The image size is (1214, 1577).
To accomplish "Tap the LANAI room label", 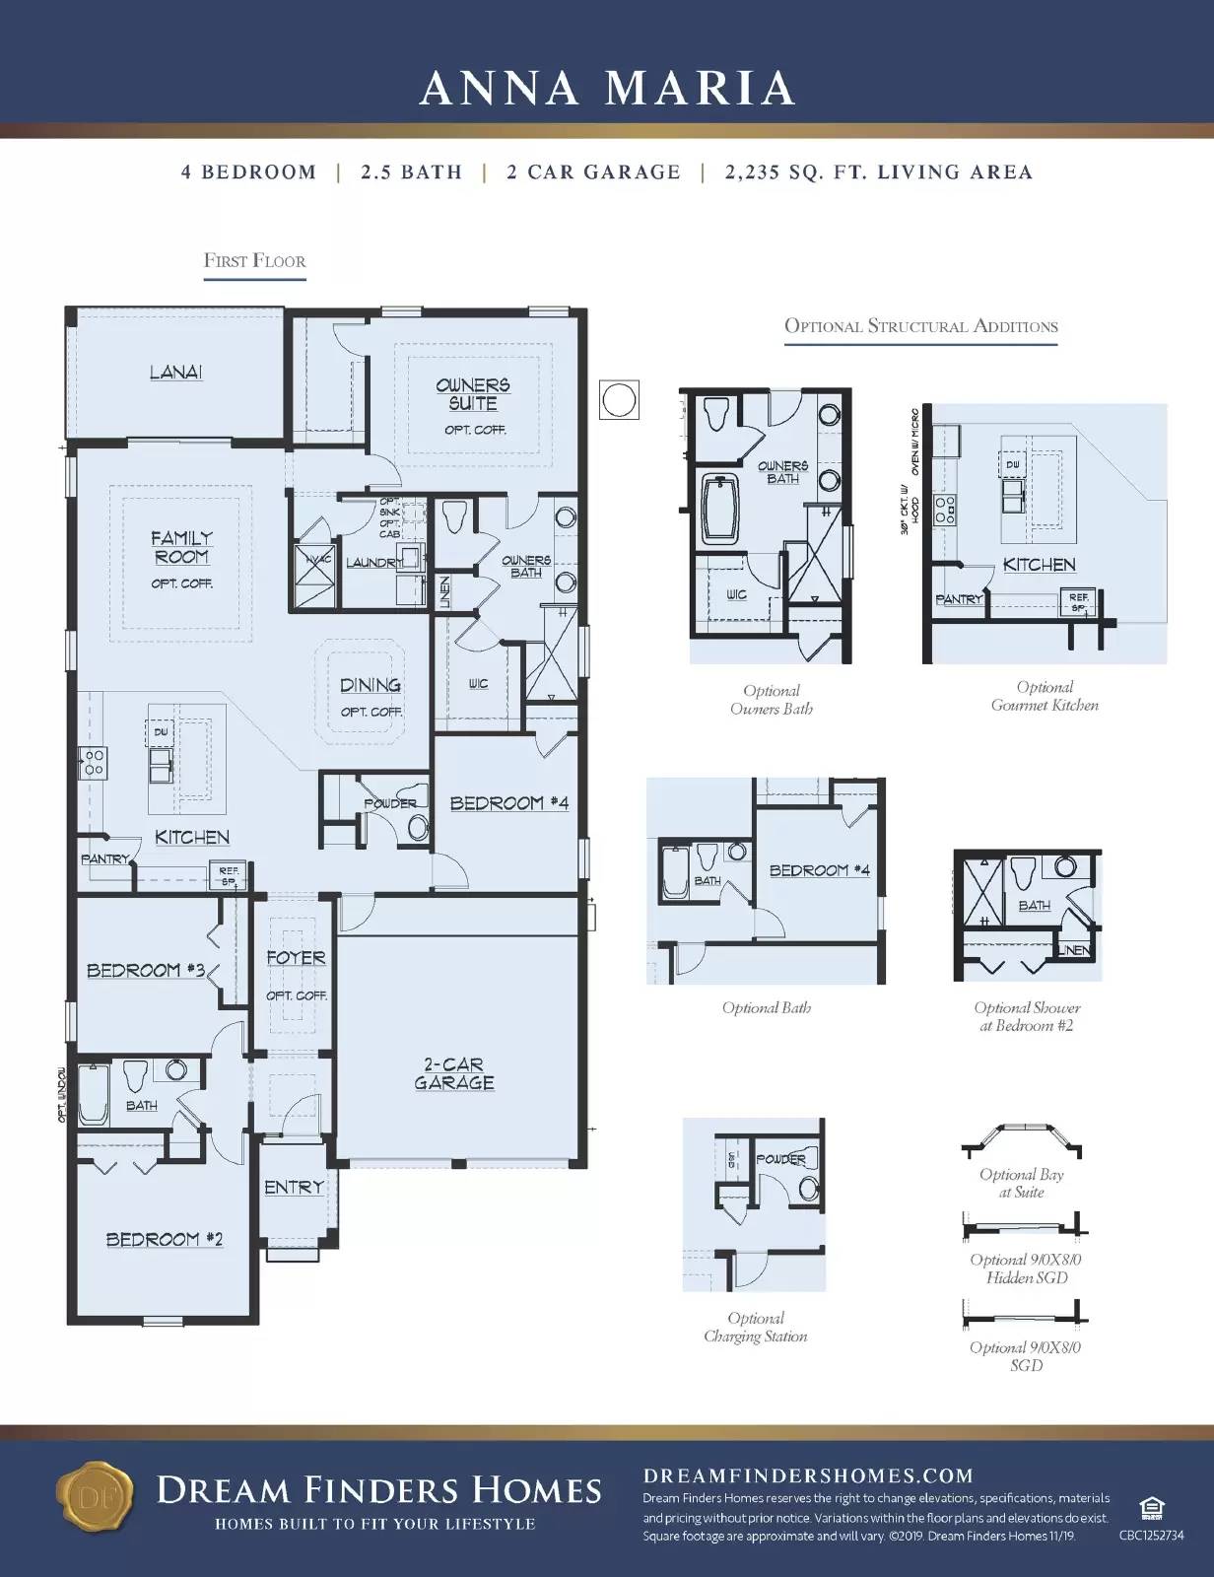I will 176,372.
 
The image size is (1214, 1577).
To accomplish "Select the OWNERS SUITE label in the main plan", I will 473,394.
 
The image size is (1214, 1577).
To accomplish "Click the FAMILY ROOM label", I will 181,547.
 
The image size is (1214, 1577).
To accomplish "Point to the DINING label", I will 371,685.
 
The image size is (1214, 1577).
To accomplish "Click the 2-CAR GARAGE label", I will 454,1073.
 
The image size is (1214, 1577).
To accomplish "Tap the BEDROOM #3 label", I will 146,970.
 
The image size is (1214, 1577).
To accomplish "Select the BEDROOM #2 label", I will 165,1239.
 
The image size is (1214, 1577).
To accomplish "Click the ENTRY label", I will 294,1188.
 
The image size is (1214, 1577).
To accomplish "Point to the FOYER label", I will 296,957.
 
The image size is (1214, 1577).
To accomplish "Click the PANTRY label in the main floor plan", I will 105,859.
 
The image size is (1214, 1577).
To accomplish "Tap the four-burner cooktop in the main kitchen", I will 93,762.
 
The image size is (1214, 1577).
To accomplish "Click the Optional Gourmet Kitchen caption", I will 1045,696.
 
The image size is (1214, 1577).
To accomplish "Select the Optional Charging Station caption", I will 755,1327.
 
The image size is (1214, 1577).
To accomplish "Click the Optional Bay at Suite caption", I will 1021,1183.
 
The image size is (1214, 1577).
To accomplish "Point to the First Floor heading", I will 254,261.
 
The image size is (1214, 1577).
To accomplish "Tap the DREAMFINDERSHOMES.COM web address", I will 808,1475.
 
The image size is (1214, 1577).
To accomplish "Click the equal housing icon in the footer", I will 1149,1509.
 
